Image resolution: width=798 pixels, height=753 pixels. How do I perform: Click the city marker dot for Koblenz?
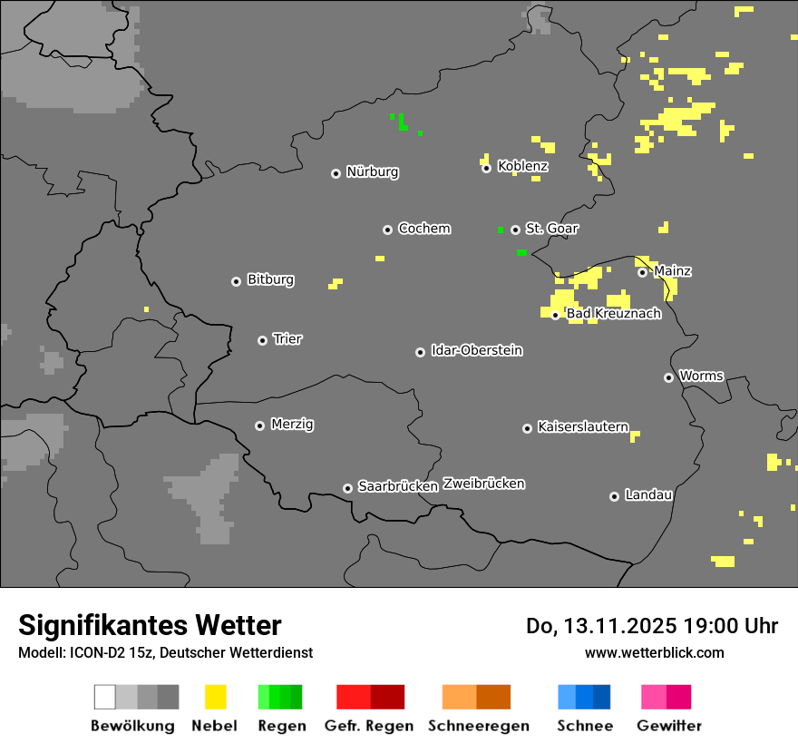pos(486,168)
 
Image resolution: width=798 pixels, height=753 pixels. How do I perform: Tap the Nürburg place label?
pos(373,171)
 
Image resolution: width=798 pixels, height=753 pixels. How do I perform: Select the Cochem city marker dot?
pos(387,230)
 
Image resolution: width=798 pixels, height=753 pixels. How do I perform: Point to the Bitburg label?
pos(270,279)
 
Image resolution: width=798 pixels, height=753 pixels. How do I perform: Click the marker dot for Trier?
pos(262,340)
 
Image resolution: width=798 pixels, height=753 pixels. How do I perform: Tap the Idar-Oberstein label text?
pos(476,350)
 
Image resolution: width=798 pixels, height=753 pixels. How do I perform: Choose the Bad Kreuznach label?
pos(613,314)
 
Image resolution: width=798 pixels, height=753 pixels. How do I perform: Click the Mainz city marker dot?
pos(642,272)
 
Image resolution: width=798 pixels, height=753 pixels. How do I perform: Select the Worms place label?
pos(701,376)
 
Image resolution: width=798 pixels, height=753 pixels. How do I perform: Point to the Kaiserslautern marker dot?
pos(527,428)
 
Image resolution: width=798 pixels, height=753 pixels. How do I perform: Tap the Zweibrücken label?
pos(483,484)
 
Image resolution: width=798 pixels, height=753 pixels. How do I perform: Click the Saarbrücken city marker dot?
pos(347,488)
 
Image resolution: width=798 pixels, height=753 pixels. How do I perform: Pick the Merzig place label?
pos(292,424)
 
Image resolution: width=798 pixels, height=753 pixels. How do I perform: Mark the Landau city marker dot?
pos(614,496)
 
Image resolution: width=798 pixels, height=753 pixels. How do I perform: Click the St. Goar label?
pos(551,229)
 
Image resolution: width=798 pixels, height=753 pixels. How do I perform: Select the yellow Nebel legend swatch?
pos(215,697)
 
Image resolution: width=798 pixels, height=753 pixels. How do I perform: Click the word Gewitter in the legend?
pos(668,726)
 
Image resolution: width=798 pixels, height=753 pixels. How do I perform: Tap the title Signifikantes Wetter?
pos(150,625)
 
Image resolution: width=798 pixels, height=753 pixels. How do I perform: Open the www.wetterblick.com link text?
pos(654,652)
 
